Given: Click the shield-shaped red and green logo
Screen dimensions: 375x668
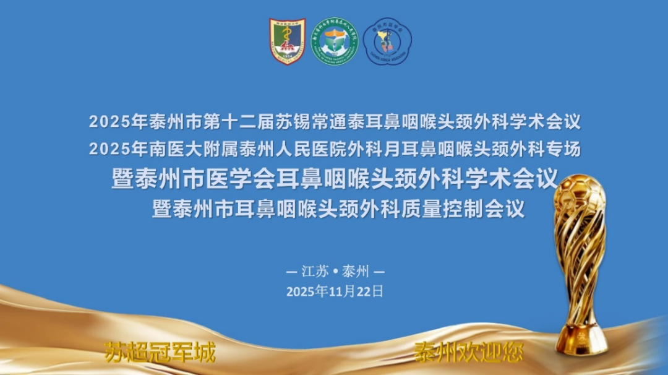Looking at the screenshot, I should (x=287, y=41).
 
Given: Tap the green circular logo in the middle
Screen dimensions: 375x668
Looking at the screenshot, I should (x=335, y=41).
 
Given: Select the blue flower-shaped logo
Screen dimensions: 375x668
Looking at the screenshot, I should (x=387, y=41).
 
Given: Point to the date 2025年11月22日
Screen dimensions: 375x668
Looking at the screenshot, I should (x=335, y=291).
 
